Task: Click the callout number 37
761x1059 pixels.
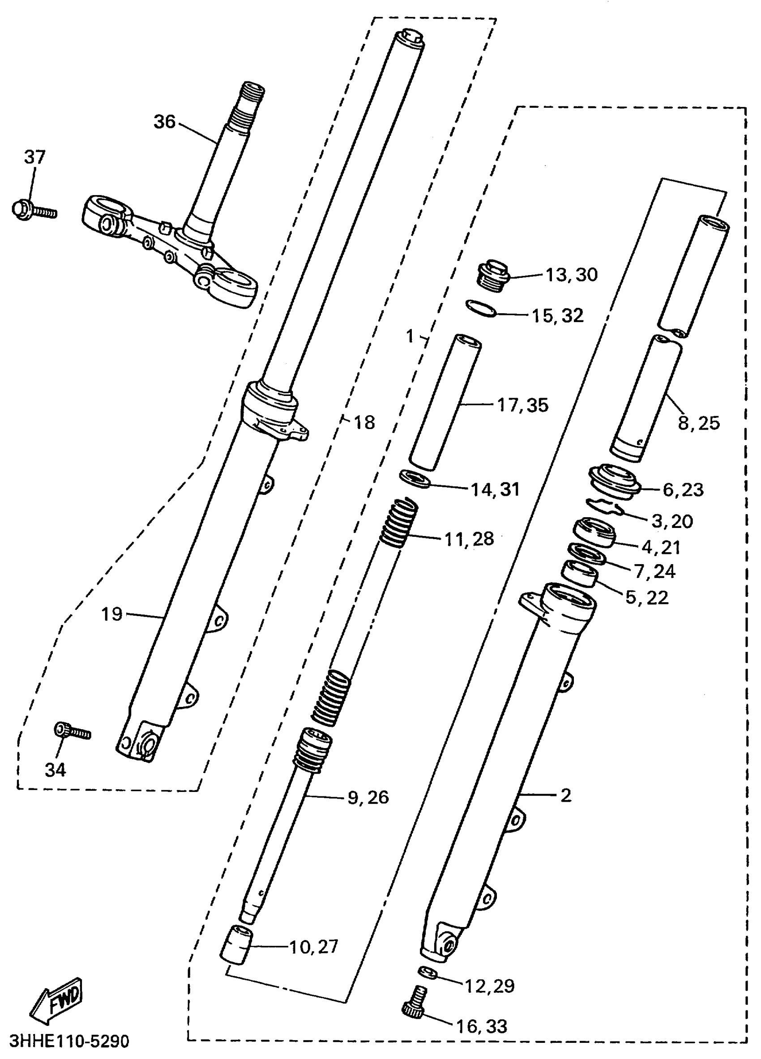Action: tap(34, 157)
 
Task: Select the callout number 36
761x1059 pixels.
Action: tap(164, 122)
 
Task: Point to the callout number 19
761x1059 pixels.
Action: tap(111, 613)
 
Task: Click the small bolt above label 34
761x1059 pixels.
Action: tap(72, 731)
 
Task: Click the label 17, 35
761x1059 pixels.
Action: tap(522, 405)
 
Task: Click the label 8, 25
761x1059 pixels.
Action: tap(698, 423)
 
